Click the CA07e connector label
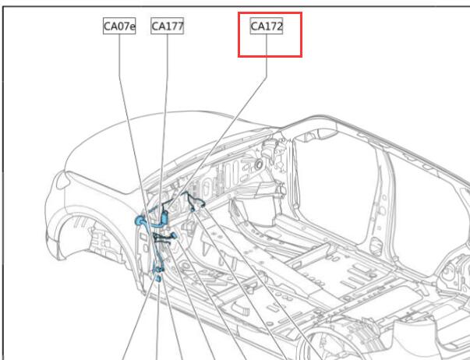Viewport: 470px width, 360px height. point(119,26)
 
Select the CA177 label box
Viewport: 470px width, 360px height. point(168,26)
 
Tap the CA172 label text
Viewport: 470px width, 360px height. point(267,26)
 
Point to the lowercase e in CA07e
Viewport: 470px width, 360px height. point(132,27)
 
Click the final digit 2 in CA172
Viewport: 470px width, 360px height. point(278,26)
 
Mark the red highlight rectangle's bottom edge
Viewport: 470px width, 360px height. point(270,56)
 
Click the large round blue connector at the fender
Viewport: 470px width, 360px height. point(140,221)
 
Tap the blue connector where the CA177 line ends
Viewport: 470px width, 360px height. point(164,217)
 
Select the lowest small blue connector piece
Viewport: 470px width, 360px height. point(158,279)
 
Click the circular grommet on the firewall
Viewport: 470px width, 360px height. point(258,164)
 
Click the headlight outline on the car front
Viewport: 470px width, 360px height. point(62,181)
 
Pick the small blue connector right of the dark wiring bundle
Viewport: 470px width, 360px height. point(175,236)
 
